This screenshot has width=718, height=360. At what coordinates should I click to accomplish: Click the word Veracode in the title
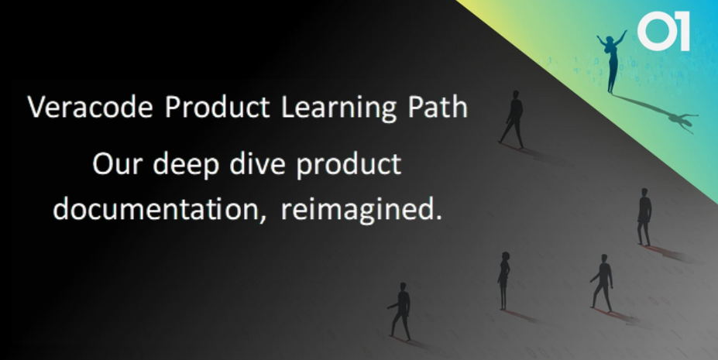90,107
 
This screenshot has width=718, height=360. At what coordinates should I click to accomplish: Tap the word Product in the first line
218,108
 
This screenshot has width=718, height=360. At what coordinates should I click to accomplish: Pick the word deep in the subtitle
186,166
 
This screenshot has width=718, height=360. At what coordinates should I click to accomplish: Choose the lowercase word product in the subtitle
349,166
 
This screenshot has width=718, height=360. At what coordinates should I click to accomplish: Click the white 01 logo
664,31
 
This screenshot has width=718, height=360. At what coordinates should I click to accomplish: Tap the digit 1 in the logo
682,31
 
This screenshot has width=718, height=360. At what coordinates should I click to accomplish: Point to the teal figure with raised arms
611,61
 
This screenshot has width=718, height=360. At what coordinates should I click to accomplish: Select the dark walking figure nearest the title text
513,119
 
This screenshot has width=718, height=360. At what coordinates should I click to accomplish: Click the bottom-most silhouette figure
400,311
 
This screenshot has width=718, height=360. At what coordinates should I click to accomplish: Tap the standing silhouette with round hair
503,280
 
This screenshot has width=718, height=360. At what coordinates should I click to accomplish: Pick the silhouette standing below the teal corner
644,217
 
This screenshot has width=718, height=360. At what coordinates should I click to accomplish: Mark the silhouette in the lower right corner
603,283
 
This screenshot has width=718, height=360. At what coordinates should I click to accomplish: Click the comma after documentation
263,218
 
